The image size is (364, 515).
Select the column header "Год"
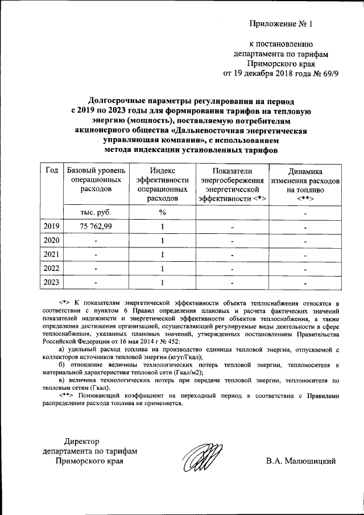[x=52, y=171]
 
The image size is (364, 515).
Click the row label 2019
[x=52, y=226]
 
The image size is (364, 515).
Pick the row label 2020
[x=52, y=240]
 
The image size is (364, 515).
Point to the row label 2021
[x=52, y=254]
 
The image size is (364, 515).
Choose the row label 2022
[x=52, y=268]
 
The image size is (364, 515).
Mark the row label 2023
[x=52, y=282]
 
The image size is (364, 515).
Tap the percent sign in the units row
[x=162, y=212]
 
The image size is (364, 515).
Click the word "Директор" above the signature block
[x=82, y=441]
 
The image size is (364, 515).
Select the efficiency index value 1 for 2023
[x=162, y=282]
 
